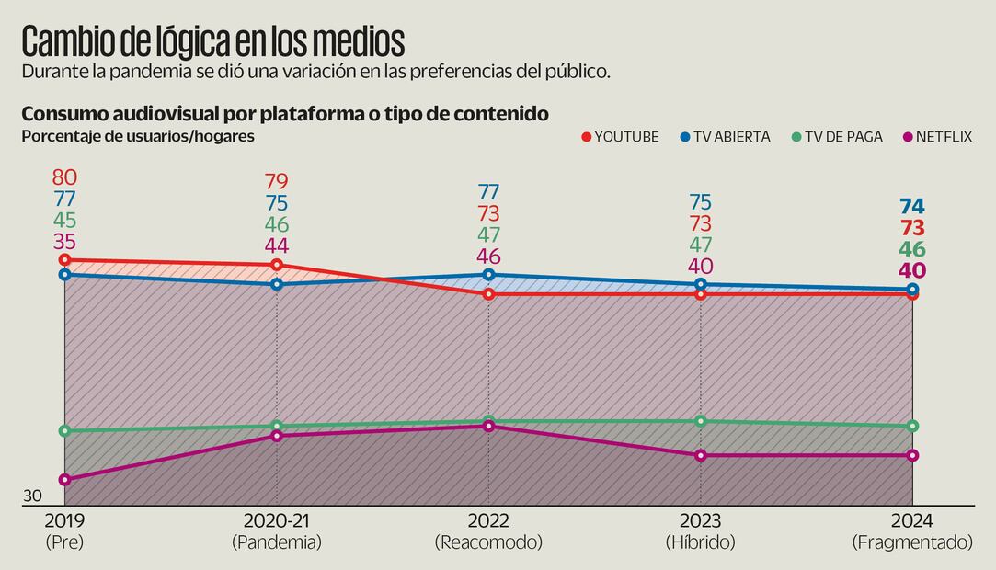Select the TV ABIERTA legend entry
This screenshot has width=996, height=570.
(x=724, y=137)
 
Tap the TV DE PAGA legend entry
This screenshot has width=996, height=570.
(x=836, y=137)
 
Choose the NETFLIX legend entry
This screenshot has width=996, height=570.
(x=937, y=137)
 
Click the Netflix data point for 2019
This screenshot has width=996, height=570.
(x=64, y=479)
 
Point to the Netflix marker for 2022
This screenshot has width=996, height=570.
(x=488, y=426)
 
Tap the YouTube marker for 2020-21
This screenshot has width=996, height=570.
(x=277, y=265)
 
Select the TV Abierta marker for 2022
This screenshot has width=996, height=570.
(x=488, y=275)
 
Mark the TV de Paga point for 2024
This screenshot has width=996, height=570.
(x=912, y=426)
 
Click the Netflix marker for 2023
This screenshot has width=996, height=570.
(x=701, y=455)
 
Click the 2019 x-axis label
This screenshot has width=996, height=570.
(x=64, y=520)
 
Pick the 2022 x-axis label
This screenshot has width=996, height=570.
(x=488, y=520)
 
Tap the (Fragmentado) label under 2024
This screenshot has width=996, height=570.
(x=912, y=542)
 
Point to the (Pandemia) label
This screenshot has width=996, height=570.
(x=277, y=542)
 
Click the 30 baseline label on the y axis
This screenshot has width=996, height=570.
(x=32, y=496)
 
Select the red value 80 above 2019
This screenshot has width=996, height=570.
(x=64, y=177)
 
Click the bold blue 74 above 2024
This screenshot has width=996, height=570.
(x=912, y=206)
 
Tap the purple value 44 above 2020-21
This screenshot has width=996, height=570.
(x=277, y=245)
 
